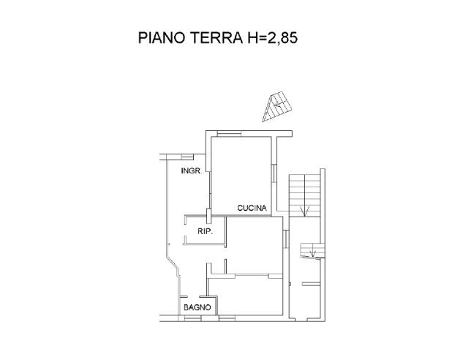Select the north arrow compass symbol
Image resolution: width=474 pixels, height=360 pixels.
(x=276, y=106)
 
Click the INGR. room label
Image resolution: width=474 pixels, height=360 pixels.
(x=192, y=171)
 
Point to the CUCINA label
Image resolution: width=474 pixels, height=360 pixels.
(x=253, y=209)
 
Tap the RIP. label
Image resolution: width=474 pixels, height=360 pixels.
(x=205, y=231)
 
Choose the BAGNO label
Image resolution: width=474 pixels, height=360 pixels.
(x=197, y=307)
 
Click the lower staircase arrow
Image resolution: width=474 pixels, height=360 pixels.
(x=313, y=253)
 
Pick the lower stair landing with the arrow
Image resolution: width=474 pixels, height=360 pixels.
(x=312, y=251)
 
